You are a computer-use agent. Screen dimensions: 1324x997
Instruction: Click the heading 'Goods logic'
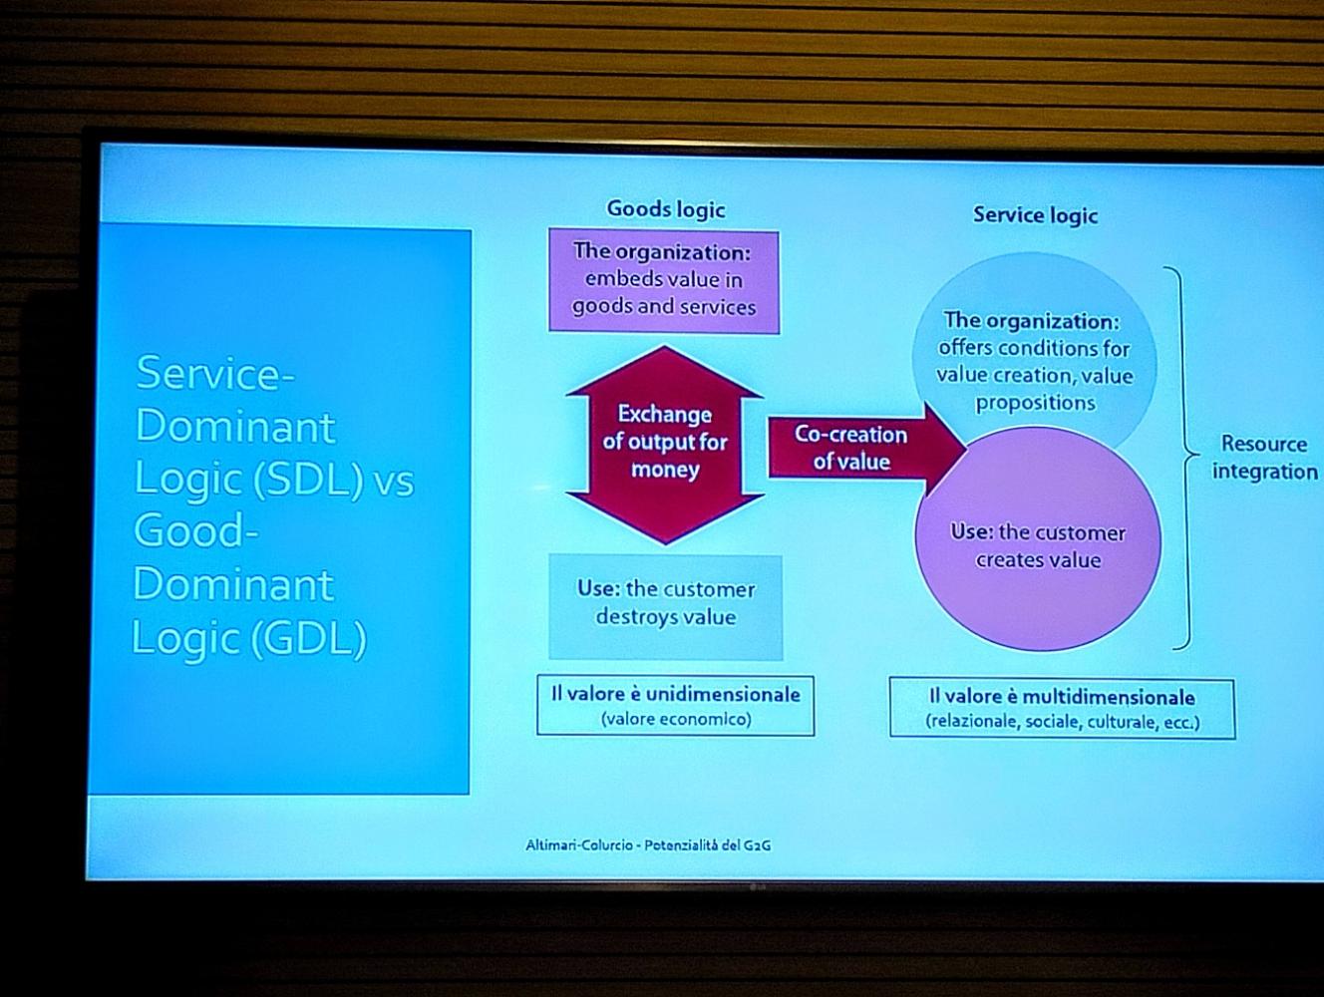point(665,209)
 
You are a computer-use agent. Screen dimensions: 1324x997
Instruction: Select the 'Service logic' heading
point(1035,215)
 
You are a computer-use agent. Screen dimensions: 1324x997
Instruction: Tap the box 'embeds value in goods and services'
point(664,281)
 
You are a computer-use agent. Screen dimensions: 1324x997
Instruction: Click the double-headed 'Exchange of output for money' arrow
point(665,445)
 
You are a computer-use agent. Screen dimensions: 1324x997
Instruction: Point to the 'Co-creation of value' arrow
point(867,449)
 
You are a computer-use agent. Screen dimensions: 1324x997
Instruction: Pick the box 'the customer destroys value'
point(665,607)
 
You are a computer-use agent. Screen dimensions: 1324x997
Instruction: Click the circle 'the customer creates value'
point(1038,538)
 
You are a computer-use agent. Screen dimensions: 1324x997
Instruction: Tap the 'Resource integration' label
point(1265,458)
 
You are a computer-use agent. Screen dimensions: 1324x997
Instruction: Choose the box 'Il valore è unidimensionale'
point(676,706)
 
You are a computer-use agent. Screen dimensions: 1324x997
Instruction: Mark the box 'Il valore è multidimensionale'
point(1062,709)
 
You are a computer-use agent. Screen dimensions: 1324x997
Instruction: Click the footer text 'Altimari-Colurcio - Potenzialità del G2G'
point(648,845)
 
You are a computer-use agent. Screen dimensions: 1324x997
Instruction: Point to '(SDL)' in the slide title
point(308,481)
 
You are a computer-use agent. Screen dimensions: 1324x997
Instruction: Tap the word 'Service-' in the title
point(215,373)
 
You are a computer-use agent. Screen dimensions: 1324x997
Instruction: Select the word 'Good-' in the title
point(196,530)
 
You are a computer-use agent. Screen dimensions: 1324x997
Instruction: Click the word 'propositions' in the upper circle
point(1035,403)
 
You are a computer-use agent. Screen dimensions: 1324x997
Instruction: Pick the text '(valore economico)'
point(676,719)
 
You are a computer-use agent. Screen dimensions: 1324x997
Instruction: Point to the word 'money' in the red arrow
point(665,470)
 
